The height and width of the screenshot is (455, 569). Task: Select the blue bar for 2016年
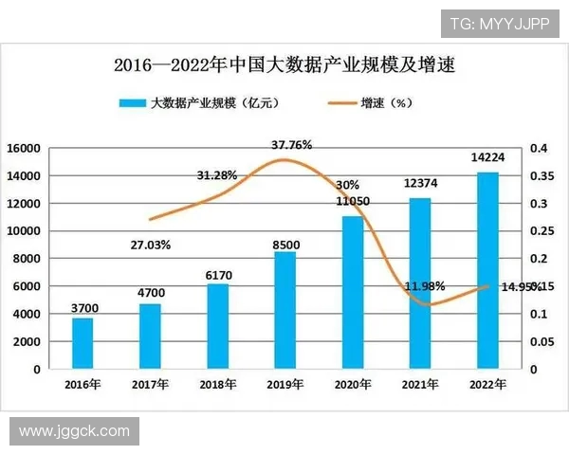click(83, 342)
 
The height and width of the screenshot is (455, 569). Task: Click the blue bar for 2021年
click(419, 282)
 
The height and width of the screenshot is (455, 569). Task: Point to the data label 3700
click(83, 308)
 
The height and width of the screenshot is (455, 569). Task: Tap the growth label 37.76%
click(291, 145)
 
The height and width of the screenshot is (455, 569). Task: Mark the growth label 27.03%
click(150, 245)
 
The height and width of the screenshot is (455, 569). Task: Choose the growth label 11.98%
click(424, 285)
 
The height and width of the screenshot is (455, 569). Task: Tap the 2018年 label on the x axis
click(217, 384)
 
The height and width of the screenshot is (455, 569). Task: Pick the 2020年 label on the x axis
click(352, 384)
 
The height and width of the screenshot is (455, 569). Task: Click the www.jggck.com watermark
click(73, 431)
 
